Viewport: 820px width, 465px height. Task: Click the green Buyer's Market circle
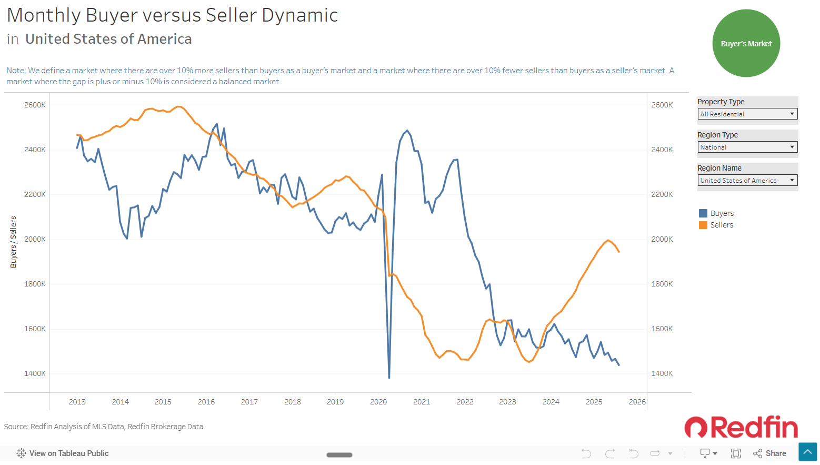(746, 43)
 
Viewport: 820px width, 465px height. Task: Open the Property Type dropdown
(747, 114)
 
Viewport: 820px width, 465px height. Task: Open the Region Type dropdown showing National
(747, 147)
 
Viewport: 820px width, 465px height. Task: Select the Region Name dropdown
(747, 180)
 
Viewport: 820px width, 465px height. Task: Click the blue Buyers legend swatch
(703, 213)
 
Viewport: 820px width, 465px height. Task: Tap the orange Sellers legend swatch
(703, 225)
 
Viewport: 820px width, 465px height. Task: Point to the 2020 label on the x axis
(378, 402)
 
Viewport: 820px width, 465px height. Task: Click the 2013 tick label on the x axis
(77, 402)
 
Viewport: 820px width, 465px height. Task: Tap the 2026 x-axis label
(637, 402)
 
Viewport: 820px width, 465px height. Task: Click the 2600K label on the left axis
(35, 105)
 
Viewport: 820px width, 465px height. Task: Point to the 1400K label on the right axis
(662, 373)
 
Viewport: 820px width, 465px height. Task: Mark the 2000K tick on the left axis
(35, 239)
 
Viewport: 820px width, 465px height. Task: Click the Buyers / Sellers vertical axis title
(14, 242)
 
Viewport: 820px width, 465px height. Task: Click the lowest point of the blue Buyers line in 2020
(389, 378)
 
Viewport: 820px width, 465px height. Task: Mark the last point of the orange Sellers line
(619, 252)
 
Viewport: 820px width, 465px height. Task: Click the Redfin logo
(741, 427)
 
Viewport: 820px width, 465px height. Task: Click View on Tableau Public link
(63, 453)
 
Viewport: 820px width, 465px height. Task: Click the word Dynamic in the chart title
(300, 16)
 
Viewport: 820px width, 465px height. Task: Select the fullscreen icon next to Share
(735, 453)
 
